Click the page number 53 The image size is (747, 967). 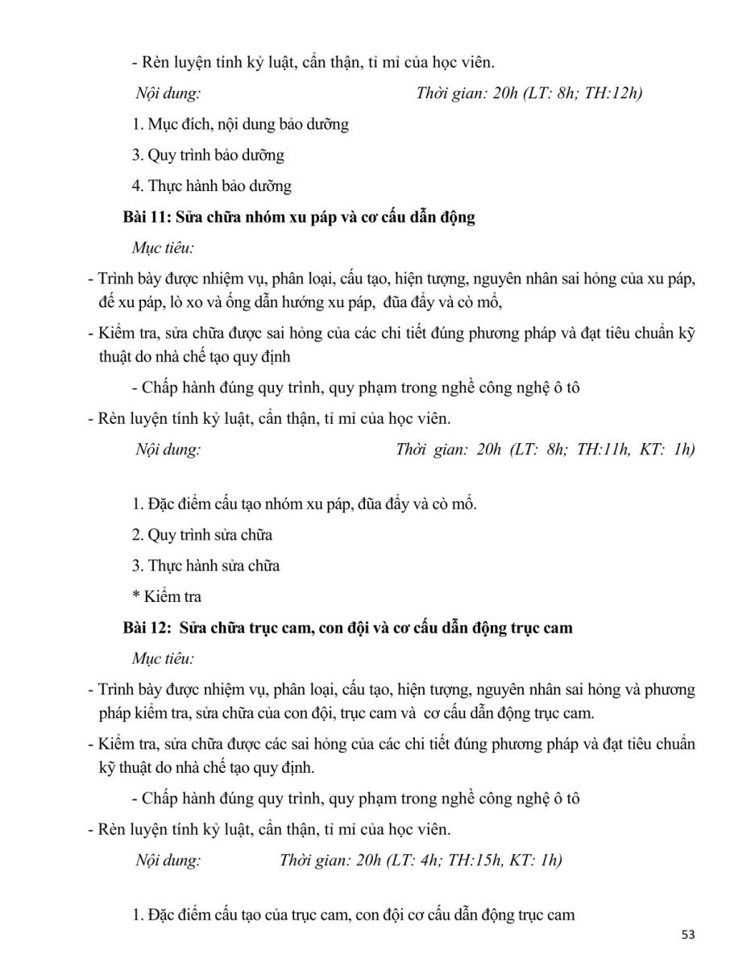click(x=687, y=935)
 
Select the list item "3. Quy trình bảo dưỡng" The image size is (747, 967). click(x=208, y=155)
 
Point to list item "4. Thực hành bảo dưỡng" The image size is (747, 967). click(x=211, y=185)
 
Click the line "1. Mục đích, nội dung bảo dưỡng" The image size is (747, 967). click(x=240, y=124)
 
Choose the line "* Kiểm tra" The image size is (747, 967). click(x=167, y=596)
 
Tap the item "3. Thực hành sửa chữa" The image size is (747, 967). click(x=205, y=566)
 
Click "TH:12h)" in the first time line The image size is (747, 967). click(x=614, y=93)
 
